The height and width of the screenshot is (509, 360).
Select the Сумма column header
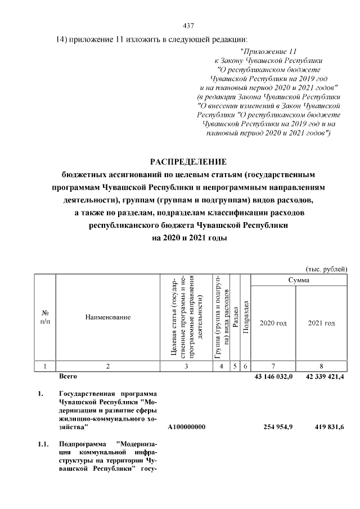point(298,280)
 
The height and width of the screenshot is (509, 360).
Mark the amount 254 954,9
point(278,427)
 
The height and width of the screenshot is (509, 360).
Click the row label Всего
point(68,376)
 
